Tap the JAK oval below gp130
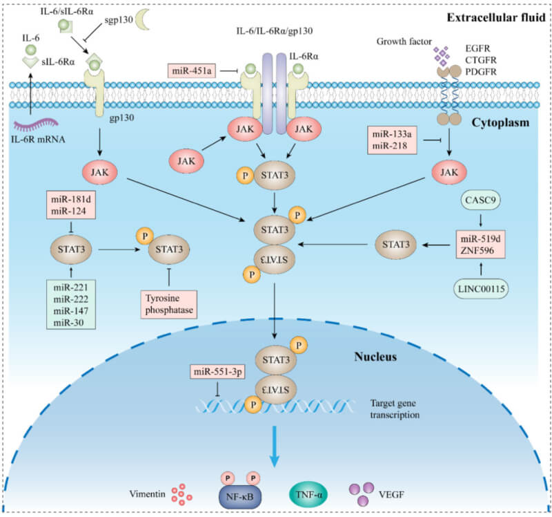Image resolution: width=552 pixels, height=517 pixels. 97,170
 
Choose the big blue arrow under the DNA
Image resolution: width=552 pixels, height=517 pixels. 277,449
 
